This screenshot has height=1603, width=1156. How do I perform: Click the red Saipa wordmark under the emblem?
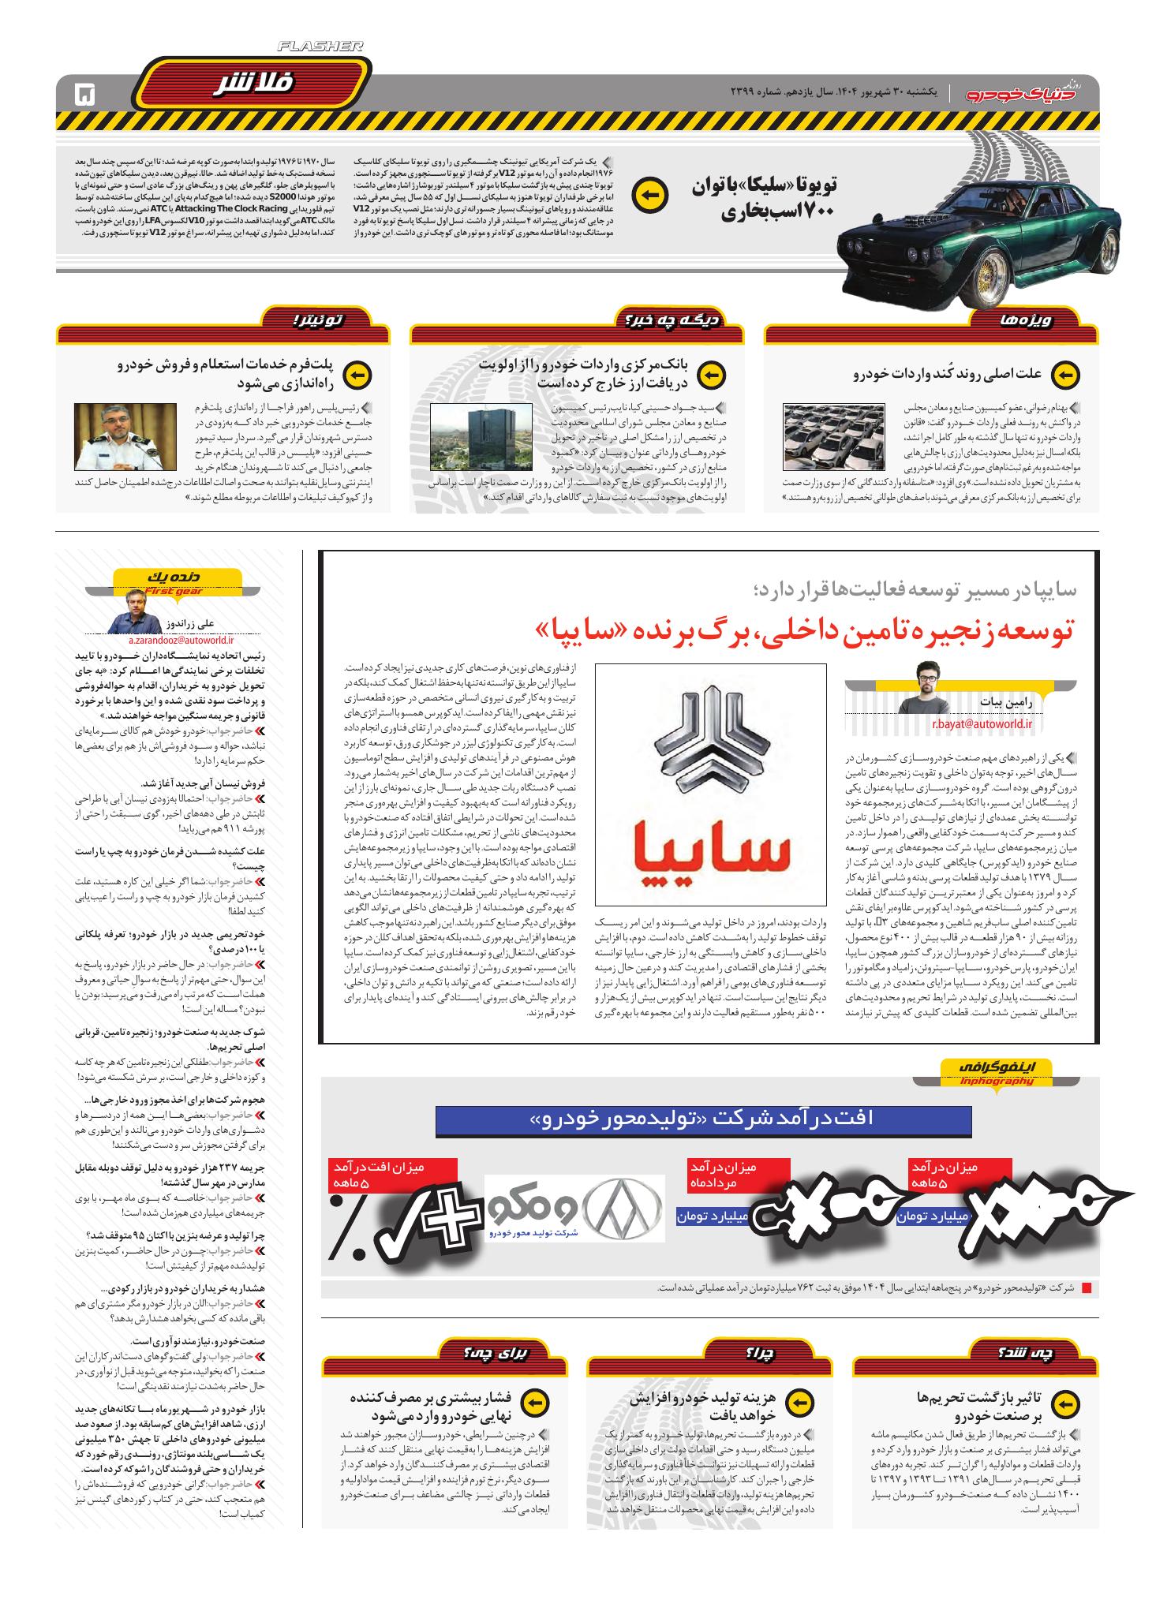(714, 855)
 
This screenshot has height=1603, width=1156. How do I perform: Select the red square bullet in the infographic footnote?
(1086, 1288)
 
